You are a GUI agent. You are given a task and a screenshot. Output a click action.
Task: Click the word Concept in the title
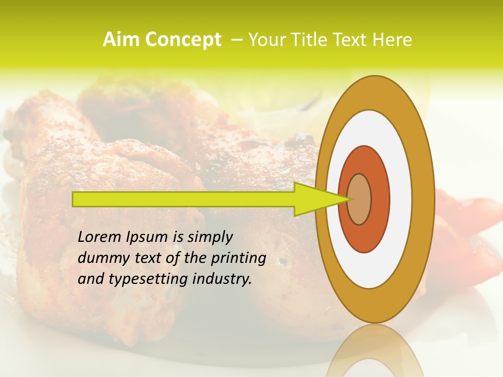(183, 40)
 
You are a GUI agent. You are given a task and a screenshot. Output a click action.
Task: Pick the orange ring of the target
(380, 199)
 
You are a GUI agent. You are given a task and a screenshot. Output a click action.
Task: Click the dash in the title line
(236, 40)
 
